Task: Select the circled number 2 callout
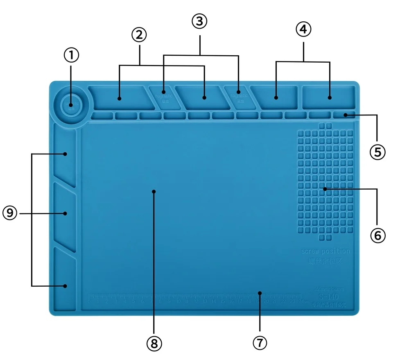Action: click(x=139, y=35)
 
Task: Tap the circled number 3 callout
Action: click(x=199, y=21)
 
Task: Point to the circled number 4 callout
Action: click(x=303, y=29)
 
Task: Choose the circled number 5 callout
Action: click(x=377, y=152)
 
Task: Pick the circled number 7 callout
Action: click(x=260, y=342)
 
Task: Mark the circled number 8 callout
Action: click(x=154, y=344)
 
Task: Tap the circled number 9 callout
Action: click(x=11, y=213)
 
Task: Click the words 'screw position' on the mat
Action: click(x=325, y=251)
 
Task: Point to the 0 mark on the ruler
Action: click(x=89, y=302)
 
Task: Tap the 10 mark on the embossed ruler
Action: click(x=178, y=302)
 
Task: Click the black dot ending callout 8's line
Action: click(x=154, y=191)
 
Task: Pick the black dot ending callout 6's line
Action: click(x=324, y=189)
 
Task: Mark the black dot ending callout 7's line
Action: click(x=260, y=292)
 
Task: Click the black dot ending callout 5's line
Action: click(x=346, y=115)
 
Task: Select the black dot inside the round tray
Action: click(x=71, y=104)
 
